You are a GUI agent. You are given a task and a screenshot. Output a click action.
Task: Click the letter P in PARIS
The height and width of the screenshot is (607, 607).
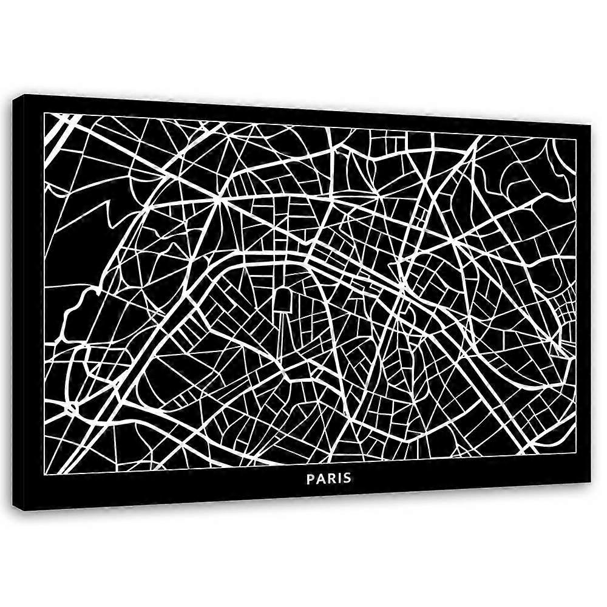tap(310, 478)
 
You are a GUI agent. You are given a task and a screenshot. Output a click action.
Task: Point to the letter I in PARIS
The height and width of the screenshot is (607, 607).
tap(338, 478)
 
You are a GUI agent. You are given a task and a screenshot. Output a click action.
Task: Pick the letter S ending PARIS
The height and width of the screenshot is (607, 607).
tap(347, 478)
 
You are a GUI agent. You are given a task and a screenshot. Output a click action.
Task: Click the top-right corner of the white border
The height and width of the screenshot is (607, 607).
tap(575, 138)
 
